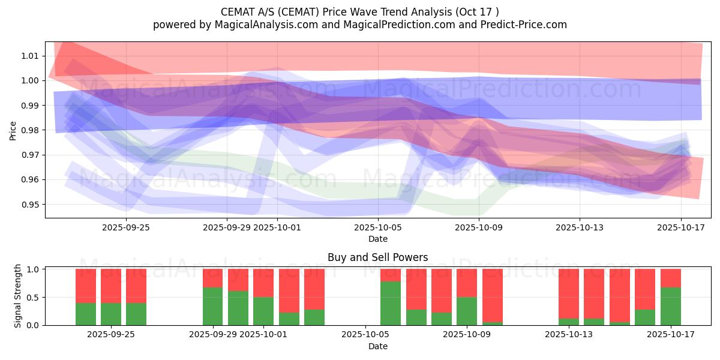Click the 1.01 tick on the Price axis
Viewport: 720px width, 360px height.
click(30, 56)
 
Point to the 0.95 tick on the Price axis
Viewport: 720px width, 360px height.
click(30, 205)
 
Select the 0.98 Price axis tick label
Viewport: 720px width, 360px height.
click(30, 130)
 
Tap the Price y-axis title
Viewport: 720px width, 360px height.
click(13, 130)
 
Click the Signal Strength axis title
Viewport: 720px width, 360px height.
click(18, 296)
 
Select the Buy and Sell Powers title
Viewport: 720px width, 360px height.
click(377, 257)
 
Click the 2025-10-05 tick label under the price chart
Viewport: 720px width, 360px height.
click(378, 227)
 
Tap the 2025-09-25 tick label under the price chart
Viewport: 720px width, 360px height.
click(126, 227)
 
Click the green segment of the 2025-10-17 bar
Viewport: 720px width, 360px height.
click(671, 307)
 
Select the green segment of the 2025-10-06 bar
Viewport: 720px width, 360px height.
click(391, 304)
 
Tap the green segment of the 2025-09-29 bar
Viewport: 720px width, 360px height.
click(213, 307)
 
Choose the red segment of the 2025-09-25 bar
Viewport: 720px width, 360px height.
click(136, 286)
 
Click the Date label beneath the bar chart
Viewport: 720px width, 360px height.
click(377, 346)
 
